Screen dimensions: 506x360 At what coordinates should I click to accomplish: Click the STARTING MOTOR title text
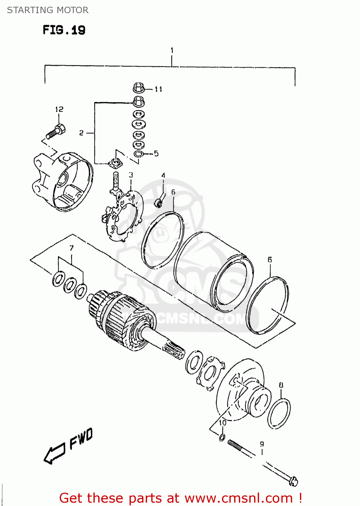coord(48,10)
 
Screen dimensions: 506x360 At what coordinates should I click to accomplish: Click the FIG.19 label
coord(64,30)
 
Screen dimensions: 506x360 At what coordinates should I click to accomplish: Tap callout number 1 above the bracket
coord(172,50)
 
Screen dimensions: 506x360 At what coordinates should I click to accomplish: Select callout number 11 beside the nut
coord(159,89)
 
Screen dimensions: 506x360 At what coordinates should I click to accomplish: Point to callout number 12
coord(59,109)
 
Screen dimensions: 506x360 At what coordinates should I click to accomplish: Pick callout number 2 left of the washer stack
coord(81,133)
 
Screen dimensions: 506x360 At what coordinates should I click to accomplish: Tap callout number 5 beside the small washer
coord(156,153)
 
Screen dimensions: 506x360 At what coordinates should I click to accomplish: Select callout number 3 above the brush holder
coord(131,175)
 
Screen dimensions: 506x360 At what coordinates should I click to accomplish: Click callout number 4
coord(163,175)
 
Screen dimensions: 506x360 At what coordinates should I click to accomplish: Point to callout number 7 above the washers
coord(72,248)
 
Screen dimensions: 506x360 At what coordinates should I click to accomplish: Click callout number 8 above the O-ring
coord(281,385)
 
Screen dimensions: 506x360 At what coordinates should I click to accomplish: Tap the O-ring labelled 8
coord(279,414)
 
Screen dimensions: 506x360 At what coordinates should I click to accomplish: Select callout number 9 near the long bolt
coord(262,444)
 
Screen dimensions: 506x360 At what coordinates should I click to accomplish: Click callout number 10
coord(223,423)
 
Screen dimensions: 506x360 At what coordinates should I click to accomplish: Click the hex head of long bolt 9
coord(293,481)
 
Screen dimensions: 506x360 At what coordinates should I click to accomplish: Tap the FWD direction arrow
coord(54,454)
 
